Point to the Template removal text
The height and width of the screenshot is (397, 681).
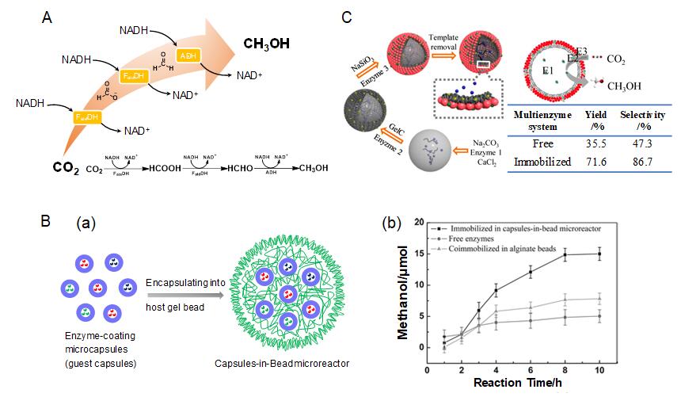[x=449, y=43]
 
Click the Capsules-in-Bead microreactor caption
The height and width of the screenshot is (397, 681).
[x=281, y=364]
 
